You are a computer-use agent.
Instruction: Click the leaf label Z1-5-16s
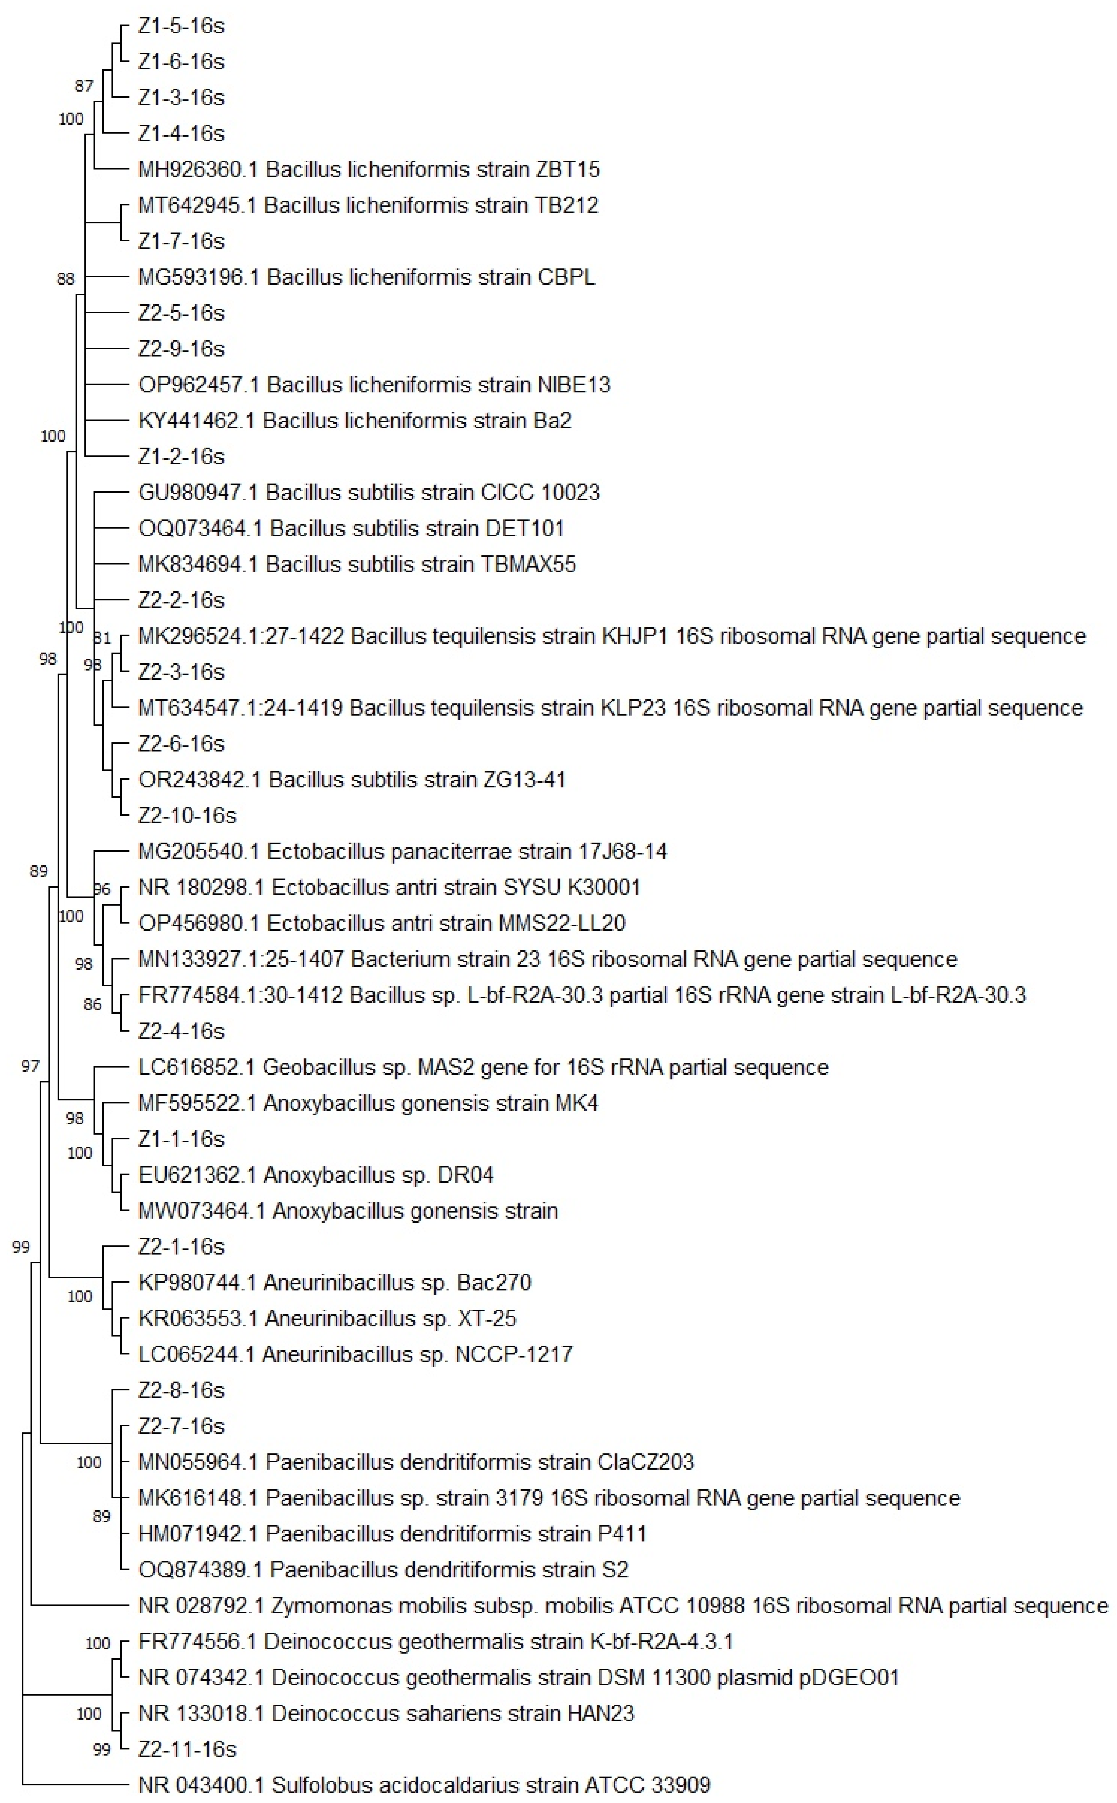[x=181, y=26]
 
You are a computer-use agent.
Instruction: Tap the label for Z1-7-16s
[x=181, y=241]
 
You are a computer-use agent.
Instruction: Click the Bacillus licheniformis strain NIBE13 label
[x=374, y=384]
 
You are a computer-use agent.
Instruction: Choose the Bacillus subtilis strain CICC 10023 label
[x=369, y=492]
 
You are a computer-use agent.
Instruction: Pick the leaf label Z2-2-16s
[x=181, y=600]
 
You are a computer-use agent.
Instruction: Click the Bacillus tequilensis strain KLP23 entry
[x=610, y=708]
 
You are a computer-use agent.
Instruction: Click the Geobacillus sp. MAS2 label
[x=483, y=1067]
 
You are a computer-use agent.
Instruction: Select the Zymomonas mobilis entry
[x=623, y=1606]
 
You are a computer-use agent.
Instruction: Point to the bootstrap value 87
[x=84, y=86]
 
